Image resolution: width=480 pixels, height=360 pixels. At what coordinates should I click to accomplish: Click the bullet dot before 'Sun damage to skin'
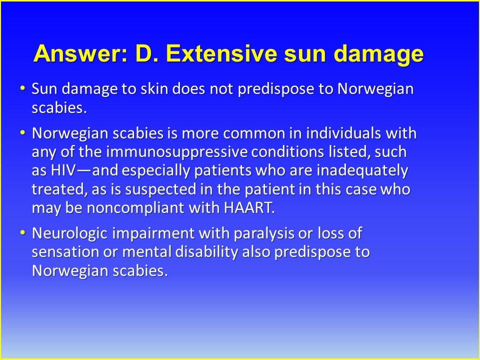(22, 88)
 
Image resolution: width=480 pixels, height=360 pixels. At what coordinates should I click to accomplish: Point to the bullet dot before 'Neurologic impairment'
(22, 232)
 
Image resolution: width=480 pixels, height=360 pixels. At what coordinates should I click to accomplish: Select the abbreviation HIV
(63, 170)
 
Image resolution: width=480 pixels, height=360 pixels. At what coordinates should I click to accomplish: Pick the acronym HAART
(249, 207)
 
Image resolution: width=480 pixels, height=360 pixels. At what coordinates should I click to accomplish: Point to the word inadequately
(362, 170)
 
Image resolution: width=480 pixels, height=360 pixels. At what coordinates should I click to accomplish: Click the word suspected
(160, 189)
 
